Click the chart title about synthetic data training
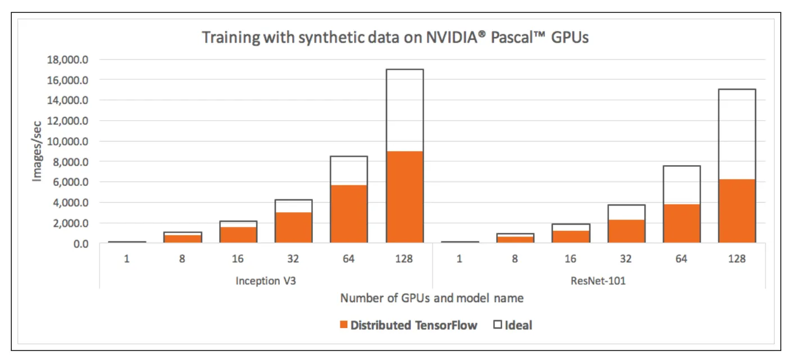395,38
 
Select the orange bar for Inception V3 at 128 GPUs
404,197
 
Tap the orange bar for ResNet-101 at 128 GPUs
737,211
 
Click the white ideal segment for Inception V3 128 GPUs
404,110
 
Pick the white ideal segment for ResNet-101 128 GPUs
737,134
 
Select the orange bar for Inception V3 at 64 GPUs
349,213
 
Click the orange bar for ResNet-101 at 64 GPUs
681,223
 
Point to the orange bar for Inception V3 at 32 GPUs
293,227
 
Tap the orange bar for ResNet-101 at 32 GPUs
626,231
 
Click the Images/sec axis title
37,151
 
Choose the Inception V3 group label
266,281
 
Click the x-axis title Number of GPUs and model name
431,298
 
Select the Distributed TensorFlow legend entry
409,325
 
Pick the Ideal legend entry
512,325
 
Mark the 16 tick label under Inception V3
238,259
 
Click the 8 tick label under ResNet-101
515,259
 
